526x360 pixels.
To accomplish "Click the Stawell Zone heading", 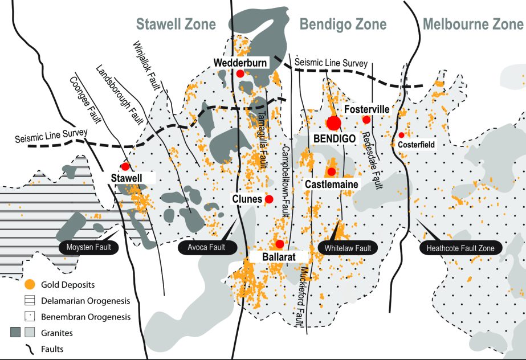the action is pyautogui.click(x=176, y=24).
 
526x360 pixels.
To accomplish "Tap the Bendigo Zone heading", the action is pyautogui.click(x=343, y=24).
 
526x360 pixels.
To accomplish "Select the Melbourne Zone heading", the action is pyautogui.click(x=473, y=24).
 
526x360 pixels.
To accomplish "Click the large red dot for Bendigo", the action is pyautogui.click(x=334, y=123).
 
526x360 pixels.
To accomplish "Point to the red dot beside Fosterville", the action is pyautogui.click(x=366, y=120).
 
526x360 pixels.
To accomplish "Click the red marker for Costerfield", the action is pyautogui.click(x=401, y=135).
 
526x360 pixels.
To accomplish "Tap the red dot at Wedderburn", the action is pyautogui.click(x=240, y=73).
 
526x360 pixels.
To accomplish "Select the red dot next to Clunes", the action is pyautogui.click(x=269, y=199).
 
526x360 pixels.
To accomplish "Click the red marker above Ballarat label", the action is pyautogui.click(x=279, y=244).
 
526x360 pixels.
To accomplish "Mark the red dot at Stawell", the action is pyautogui.click(x=125, y=166).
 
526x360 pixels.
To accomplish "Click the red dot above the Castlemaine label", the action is pyautogui.click(x=332, y=171).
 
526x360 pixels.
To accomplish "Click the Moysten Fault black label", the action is pyautogui.click(x=88, y=247).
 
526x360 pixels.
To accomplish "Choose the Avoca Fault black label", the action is pyautogui.click(x=206, y=247).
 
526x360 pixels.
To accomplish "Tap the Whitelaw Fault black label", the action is pyautogui.click(x=348, y=248).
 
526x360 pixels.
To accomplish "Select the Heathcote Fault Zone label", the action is pyautogui.click(x=460, y=248).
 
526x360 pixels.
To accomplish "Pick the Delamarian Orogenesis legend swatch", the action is pyautogui.click(x=30, y=300).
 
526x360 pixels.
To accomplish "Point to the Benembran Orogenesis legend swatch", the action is pyautogui.click(x=30, y=317).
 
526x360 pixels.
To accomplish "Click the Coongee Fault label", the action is pyautogui.click(x=85, y=100).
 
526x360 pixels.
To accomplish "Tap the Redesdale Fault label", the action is pyautogui.click(x=372, y=160).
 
